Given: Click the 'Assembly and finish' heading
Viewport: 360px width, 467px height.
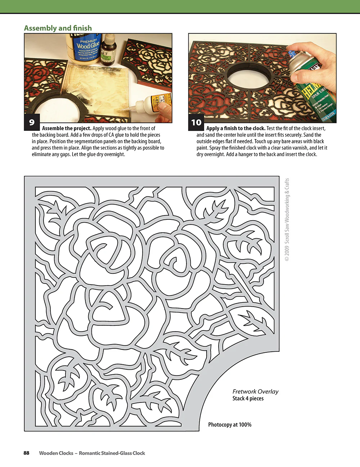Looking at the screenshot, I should coord(58,28).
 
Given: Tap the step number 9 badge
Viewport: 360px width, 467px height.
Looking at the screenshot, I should coord(32,123).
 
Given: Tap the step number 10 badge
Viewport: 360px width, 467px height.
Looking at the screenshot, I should coord(196,123).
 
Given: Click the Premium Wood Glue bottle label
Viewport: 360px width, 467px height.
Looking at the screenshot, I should coord(87,49).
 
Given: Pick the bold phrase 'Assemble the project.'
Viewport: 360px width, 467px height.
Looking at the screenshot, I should coord(67,128).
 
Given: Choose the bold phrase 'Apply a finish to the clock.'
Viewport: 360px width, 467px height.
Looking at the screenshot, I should coord(236,128).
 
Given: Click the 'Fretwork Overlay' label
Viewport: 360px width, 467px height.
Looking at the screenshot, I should coord(255,391).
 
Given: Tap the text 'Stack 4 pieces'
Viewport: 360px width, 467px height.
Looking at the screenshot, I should coord(248,399).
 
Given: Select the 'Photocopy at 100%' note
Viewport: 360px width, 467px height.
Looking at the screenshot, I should coord(230,424).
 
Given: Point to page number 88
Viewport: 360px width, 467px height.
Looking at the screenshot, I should coord(26,453).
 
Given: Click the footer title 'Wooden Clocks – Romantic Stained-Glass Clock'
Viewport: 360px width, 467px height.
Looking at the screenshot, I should coord(92,453).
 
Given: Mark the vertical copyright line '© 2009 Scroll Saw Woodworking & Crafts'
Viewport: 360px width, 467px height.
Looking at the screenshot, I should coord(287,219).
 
